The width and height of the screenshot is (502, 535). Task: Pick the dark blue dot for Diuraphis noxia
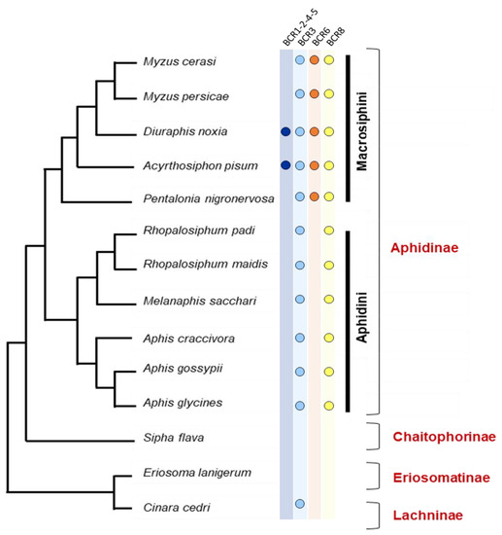pos(284,130)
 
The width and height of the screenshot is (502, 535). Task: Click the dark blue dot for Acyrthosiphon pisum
pos(284,164)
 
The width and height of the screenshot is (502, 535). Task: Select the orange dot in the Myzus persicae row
pos(315,94)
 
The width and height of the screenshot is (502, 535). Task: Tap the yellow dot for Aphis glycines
pos(329,405)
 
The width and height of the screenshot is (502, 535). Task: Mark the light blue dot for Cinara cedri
pos(300,504)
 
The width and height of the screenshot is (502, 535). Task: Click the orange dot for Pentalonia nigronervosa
pos(315,197)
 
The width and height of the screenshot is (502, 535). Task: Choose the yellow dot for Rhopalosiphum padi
pos(329,231)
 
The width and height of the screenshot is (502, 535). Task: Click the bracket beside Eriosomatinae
pos(375,474)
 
